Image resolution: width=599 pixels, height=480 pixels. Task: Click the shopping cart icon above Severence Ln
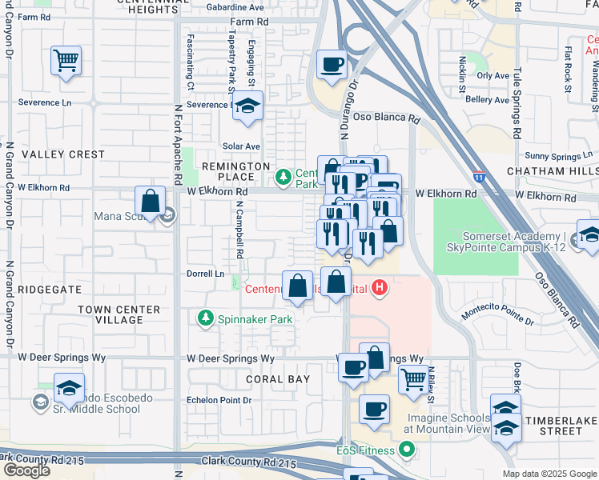click(x=66, y=60)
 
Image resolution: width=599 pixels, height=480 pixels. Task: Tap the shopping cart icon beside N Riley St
click(x=412, y=379)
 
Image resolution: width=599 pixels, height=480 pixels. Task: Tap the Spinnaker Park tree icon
click(x=206, y=319)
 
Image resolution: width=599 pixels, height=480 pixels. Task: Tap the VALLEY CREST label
click(x=63, y=154)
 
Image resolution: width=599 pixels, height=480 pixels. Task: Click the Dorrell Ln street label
click(x=206, y=274)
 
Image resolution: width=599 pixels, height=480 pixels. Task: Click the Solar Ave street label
click(x=241, y=146)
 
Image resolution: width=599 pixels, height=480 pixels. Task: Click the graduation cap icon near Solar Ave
click(x=248, y=106)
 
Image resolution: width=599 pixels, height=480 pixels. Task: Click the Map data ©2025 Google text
click(x=549, y=474)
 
